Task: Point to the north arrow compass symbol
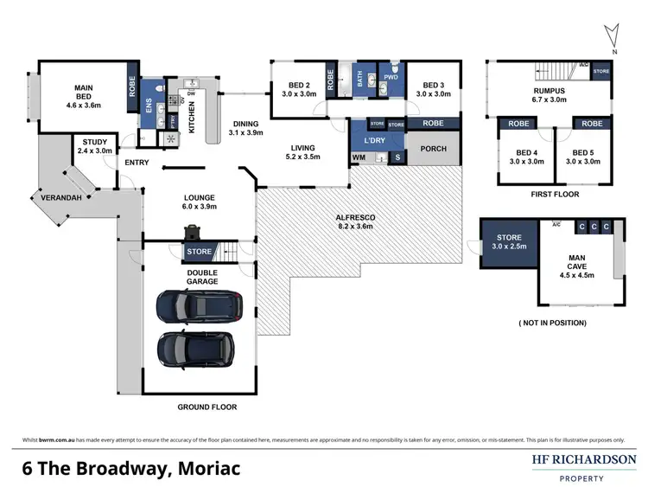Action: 613,35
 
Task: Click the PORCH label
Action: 433,149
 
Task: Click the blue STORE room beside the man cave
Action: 508,243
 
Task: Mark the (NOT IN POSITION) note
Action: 552,323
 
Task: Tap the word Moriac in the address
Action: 206,468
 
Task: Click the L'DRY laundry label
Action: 374,140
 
